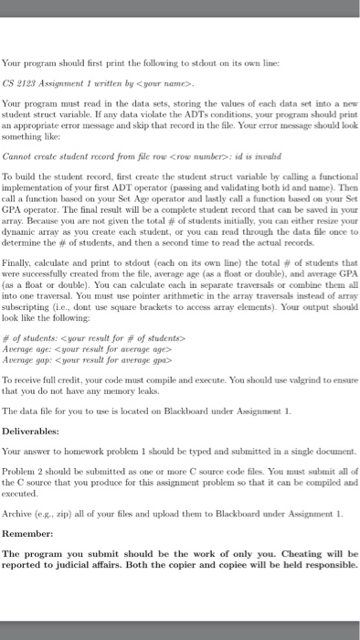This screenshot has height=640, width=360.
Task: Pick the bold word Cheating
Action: [281, 553]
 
